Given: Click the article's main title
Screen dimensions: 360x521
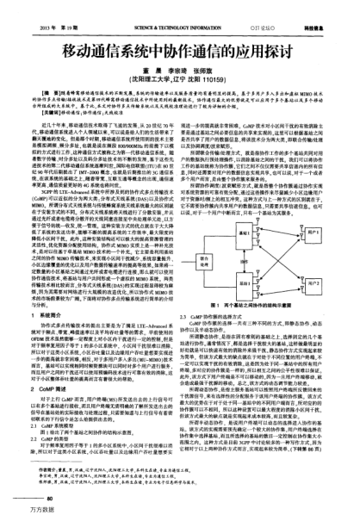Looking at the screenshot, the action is coord(179,32).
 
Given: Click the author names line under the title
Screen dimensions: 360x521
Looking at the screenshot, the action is coord(179,51).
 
